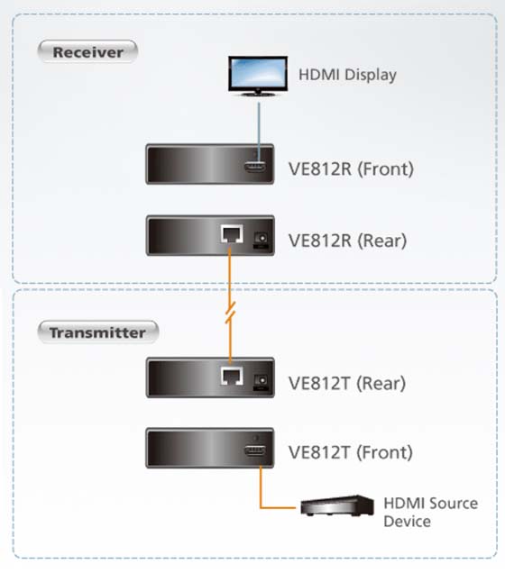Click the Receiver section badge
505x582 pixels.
point(87,51)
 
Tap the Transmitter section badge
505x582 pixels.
point(98,332)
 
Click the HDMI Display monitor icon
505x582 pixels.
point(258,77)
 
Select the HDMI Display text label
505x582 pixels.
point(347,75)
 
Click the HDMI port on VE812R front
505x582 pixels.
point(255,167)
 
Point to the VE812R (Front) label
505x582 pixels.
point(351,168)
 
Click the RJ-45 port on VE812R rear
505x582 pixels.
point(232,234)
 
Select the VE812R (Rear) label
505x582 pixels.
point(347,241)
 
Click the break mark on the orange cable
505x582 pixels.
point(230,313)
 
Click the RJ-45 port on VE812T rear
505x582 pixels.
point(232,376)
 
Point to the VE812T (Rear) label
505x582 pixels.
point(347,383)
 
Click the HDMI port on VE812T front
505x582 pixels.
point(255,451)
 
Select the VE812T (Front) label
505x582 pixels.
point(351,452)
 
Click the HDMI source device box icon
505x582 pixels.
point(337,505)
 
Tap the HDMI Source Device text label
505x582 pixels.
point(431,513)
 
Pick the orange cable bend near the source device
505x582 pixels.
point(261,507)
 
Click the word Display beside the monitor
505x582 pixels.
point(371,76)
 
